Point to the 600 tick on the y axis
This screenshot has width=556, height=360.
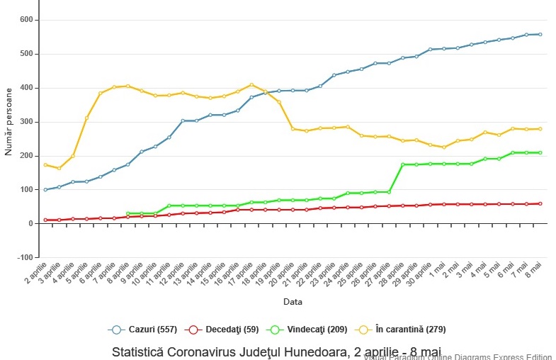coord(26,20)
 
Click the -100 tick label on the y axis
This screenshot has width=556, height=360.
coord(25,257)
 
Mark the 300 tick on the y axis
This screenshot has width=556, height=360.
coord(26,122)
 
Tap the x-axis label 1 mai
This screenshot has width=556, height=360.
coord(441,269)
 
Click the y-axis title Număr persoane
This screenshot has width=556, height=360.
coord(9,121)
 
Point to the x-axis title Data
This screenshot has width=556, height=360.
coord(293,301)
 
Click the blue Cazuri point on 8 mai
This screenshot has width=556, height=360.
coord(540,34)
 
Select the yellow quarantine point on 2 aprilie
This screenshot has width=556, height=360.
coord(45,165)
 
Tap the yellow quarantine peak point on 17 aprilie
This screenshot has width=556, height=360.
coord(251,85)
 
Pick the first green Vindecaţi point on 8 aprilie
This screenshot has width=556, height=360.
coord(127,213)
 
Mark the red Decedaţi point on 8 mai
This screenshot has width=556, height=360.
coord(540,203)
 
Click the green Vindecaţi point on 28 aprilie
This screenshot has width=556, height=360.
coord(402,164)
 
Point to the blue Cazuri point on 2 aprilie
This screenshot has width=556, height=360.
coord(45,190)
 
